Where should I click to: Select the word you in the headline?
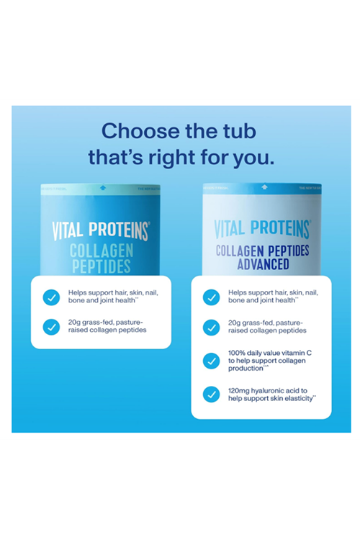click(253, 157)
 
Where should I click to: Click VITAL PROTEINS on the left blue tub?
click(101, 232)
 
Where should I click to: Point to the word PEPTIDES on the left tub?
click(101, 266)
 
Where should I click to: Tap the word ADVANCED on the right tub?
click(262, 264)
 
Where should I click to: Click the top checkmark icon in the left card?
click(51, 297)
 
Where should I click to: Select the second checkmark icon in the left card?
click(51, 326)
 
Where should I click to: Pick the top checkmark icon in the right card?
click(211, 297)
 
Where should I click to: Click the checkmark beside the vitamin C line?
click(211, 361)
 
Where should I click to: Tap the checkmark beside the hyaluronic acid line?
click(211, 394)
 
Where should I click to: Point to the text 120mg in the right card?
click(239, 390)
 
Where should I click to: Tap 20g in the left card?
click(74, 322)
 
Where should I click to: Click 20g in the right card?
click(234, 322)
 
